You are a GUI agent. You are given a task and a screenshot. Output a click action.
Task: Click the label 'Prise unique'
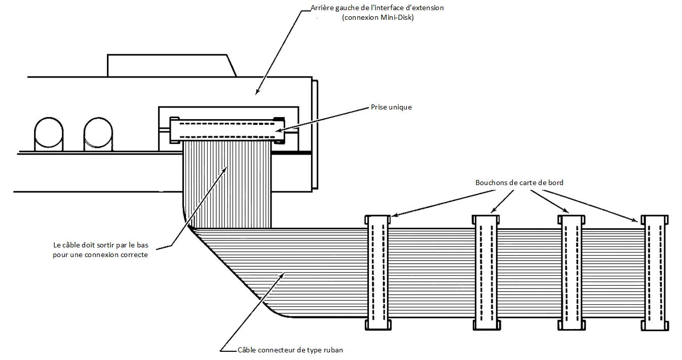click(x=391, y=107)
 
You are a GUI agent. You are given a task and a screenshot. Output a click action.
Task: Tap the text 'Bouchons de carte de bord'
click(x=519, y=183)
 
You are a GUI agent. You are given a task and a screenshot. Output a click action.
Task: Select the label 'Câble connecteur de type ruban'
click(x=290, y=350)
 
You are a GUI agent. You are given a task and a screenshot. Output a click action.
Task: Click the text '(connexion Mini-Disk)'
click(x=378, y=17)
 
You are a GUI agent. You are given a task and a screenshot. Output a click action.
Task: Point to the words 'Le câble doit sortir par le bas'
click(x=101, y=245)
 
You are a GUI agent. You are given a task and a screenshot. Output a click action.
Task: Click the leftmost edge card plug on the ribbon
click(x=378, y=273)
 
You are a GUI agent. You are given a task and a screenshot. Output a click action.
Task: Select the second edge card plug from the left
click(x=486, y=273)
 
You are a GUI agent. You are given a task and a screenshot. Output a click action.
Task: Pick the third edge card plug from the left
click(x=572, y=273)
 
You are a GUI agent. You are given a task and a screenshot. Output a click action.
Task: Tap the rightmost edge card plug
click(x=655, y=273)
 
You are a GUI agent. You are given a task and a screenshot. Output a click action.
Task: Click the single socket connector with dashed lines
click(x=227, y=130)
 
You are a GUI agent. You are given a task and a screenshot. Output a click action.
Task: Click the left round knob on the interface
click(x=49, y=134)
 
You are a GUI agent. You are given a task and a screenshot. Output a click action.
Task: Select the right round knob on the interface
click(x=98, y=134)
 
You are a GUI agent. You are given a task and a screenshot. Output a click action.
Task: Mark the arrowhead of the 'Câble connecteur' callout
click(x=283, y=274)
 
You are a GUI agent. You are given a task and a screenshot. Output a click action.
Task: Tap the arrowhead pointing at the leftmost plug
click(x=394, y=215)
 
